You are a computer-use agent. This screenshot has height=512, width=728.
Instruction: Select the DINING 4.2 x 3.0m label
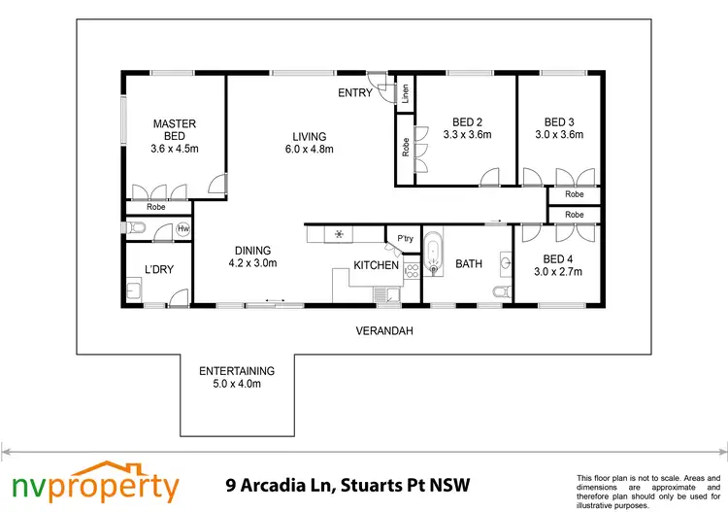click(252, 256)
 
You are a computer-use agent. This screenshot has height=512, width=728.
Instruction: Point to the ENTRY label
click(354, 93)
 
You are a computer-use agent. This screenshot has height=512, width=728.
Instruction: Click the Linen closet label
click(405, 94)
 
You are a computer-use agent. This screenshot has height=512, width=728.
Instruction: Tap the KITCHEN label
click(376, 265)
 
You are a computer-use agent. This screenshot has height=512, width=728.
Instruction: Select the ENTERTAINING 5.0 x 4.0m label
click(237, 377)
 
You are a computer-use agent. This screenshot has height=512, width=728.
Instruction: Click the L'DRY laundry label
click(158, 269)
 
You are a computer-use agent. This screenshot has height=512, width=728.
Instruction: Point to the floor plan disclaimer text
click(648, 491)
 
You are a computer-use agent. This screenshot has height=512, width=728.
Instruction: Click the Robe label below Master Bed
click(155, 207)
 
